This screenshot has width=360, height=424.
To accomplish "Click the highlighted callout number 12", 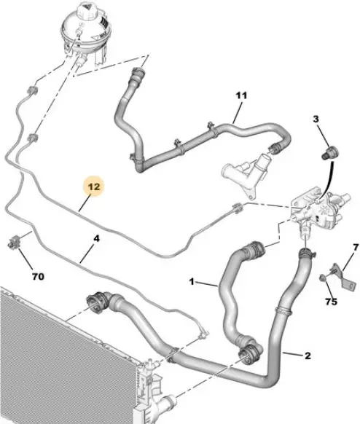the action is click(94, 187).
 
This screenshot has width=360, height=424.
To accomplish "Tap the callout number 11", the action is click(241, 95).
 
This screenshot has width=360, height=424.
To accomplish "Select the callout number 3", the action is click(316, 119).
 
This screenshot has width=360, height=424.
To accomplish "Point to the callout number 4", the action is click(97, 239).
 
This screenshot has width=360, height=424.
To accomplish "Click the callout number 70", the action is click(38, 276).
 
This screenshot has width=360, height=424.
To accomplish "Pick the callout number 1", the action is click(192, 282).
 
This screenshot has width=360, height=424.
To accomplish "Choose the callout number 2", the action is click(308, 356).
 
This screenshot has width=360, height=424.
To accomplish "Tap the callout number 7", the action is click(356, 247).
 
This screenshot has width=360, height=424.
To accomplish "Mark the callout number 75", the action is click(331, 301).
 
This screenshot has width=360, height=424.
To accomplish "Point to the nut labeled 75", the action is click(322, 278).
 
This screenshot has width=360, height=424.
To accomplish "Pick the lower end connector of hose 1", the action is click(249, 353).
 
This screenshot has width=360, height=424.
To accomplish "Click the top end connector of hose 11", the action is click(138, 74).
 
